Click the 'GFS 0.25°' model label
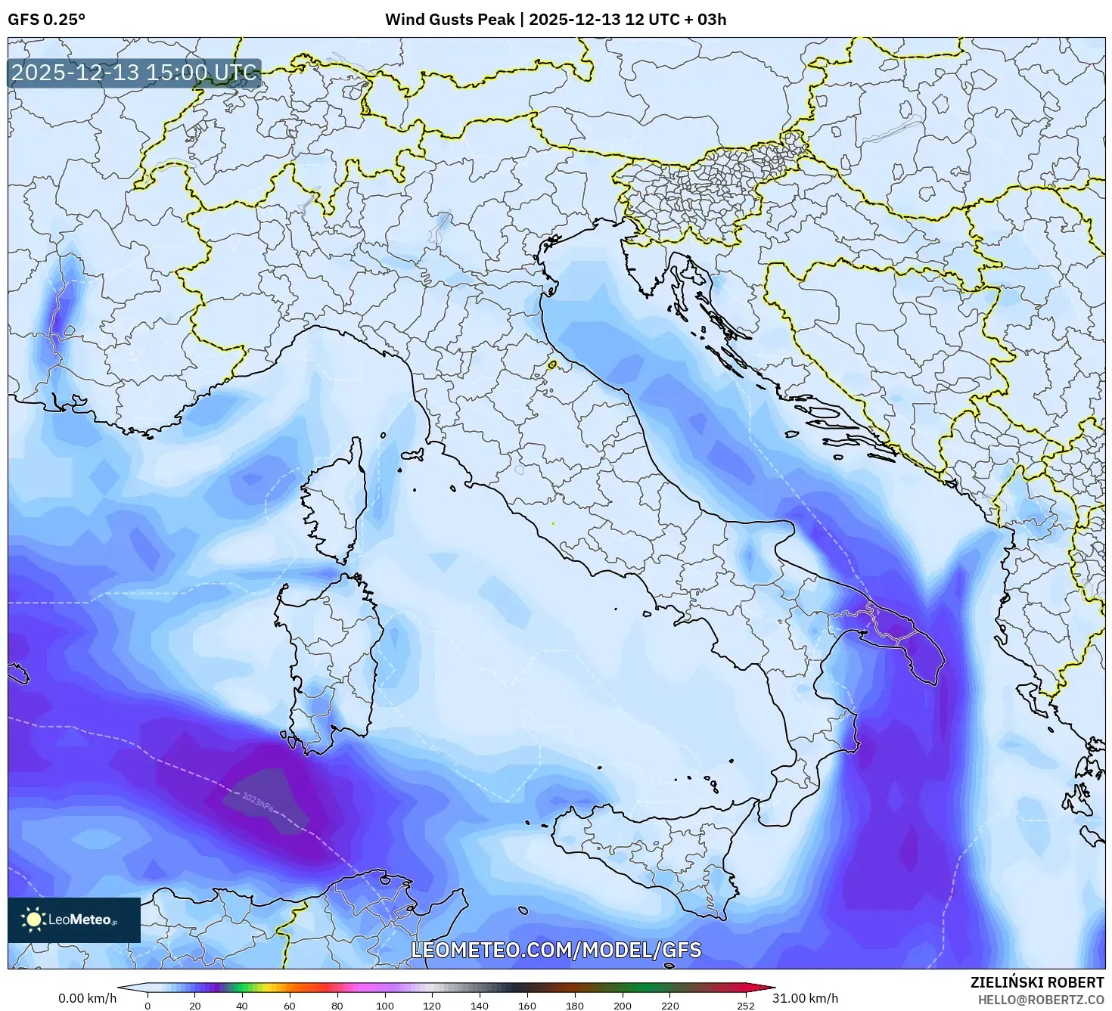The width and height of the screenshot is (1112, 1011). [x=46, y=20]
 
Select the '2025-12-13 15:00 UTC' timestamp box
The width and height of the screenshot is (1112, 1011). [x=134, y=73]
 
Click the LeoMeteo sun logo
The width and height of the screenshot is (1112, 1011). [x=34, y=920]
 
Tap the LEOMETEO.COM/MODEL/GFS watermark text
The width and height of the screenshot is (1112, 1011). [x=556, y=950]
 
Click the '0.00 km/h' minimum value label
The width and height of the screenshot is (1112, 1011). [x=87, y=998]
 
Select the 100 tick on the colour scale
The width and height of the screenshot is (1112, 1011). [x=384, y=1005]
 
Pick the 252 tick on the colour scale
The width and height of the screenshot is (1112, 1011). [x=745, y=1005]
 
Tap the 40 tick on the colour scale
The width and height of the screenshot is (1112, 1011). [x=242, y=1005]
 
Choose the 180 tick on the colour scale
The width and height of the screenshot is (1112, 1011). [x=574, y=1005]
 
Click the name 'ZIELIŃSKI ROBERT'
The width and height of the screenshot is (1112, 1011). [x=1036, y=982]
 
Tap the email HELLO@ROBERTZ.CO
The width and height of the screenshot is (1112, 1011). [x=1040, y=999]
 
